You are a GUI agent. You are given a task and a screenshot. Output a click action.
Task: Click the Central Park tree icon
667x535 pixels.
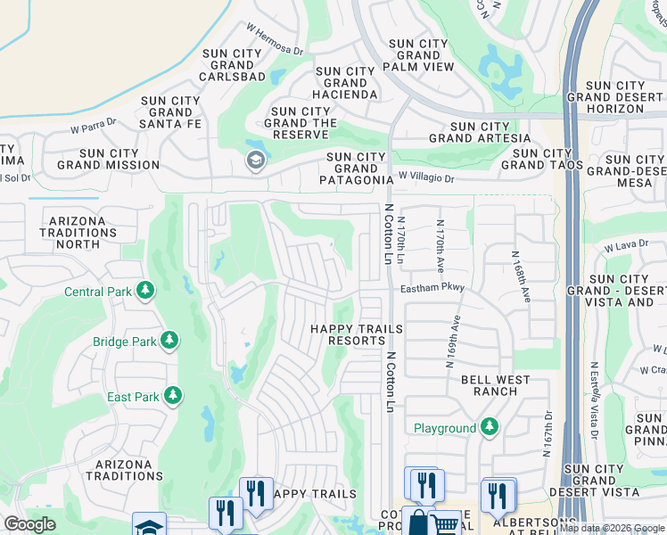click(x=144, y=291)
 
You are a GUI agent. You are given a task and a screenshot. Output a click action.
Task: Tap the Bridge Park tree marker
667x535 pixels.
click(x=168, y=341)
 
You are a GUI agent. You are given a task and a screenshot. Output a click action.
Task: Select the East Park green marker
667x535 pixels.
click(x=173, y=395)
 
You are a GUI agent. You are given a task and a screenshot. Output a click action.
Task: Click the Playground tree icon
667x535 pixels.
click(x=488, y=427)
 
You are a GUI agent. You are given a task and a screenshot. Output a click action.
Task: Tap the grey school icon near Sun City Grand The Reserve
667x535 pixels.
click(x=254, y=160)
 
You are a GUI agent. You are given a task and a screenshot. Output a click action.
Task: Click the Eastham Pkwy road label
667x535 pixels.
click(x=432, y=289)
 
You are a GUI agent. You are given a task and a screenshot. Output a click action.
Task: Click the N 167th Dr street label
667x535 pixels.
click(x=548, y=433)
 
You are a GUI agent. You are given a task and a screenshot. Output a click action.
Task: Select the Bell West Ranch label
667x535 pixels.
click(x=495, y=385)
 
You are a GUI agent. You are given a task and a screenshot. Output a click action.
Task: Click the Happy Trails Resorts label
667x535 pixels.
click(x=356, y=334)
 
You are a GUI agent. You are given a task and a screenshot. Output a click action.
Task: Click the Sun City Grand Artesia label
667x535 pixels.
click(x=480, y=132)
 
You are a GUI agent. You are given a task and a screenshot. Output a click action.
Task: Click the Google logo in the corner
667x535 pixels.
click(x=30, y=524)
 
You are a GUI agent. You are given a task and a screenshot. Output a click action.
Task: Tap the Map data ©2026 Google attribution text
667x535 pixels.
click(x=612, y=528)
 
